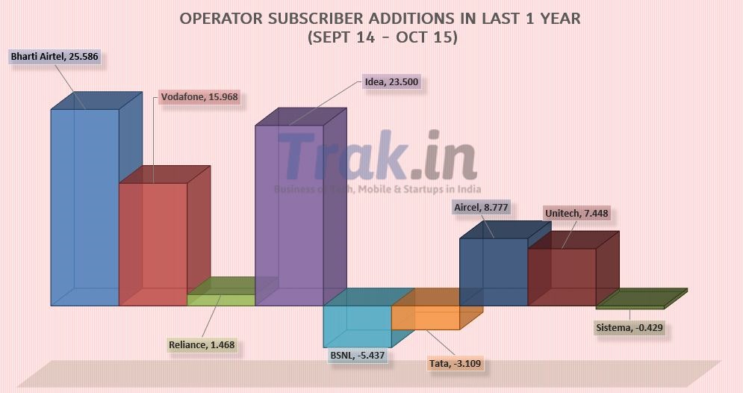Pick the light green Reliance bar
pyautogui.click(x=220, y=300)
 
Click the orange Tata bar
pyautogui.click(x=425, y=318)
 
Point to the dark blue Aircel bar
pyautogui.click(x=493, y=272)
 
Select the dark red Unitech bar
pyautogui.click(x=562, y=276)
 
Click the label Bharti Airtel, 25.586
pyautogui.click(x=55, y=56)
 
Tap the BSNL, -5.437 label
pyautogui.click(x=357, y=356)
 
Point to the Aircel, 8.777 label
pyautogui.click(x=481, y=208)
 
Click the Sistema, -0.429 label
pyautogui.click(x=629, y=327)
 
